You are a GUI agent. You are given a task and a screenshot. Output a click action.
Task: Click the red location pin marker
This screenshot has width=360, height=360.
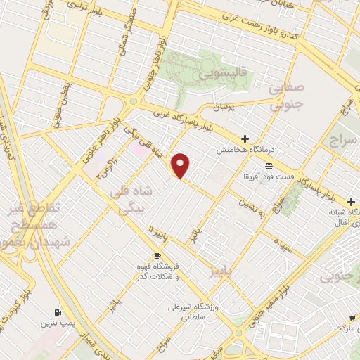pyautogui.click(x=181, y=166)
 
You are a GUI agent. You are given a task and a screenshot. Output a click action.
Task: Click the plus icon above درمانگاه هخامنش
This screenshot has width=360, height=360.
pyautogui.click(x=245, y=139)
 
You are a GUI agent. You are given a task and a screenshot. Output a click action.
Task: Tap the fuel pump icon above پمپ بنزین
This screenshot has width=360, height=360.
pyautogui.click(x=56, y=312)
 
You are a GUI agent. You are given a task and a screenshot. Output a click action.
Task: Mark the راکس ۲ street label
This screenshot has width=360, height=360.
pyautogui.click(x=105, y=167)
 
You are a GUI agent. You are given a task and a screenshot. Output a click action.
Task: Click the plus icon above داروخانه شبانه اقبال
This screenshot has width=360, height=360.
pyautogui.click(x=351, y=202)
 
